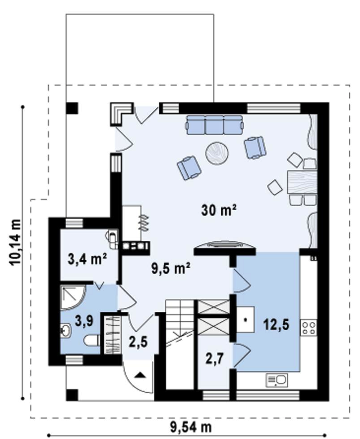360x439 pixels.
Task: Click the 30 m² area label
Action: click(x=219, y=211)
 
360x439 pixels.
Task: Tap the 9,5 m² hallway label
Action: click(x=171, y=269)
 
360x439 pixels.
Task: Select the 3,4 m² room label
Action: click(x=87, y=259)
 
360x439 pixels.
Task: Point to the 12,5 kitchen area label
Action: click(x=276, y=325)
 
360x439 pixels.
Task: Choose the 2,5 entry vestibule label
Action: click(x=138, y=341)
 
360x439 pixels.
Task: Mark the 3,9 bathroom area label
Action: click(x=84, y=321)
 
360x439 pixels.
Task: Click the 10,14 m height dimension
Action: click(x=15, y=242)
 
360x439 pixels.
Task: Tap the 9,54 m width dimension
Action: click(x=191, y=427)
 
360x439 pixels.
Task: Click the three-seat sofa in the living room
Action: click(x=215, y=125)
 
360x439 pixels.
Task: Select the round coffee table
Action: click(x=217, y=153)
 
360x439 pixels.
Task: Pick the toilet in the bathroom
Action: click(x=92, y=341)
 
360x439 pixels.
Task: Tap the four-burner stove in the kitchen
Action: click(x=308, y=328)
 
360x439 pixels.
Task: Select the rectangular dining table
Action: click(x=302, y=182)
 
